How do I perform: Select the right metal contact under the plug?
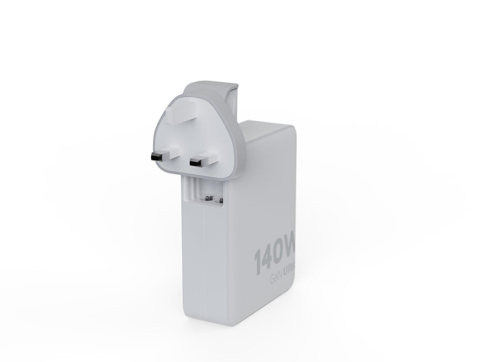(x=220, y=199)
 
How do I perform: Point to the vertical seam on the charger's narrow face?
(x=205, y=259)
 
